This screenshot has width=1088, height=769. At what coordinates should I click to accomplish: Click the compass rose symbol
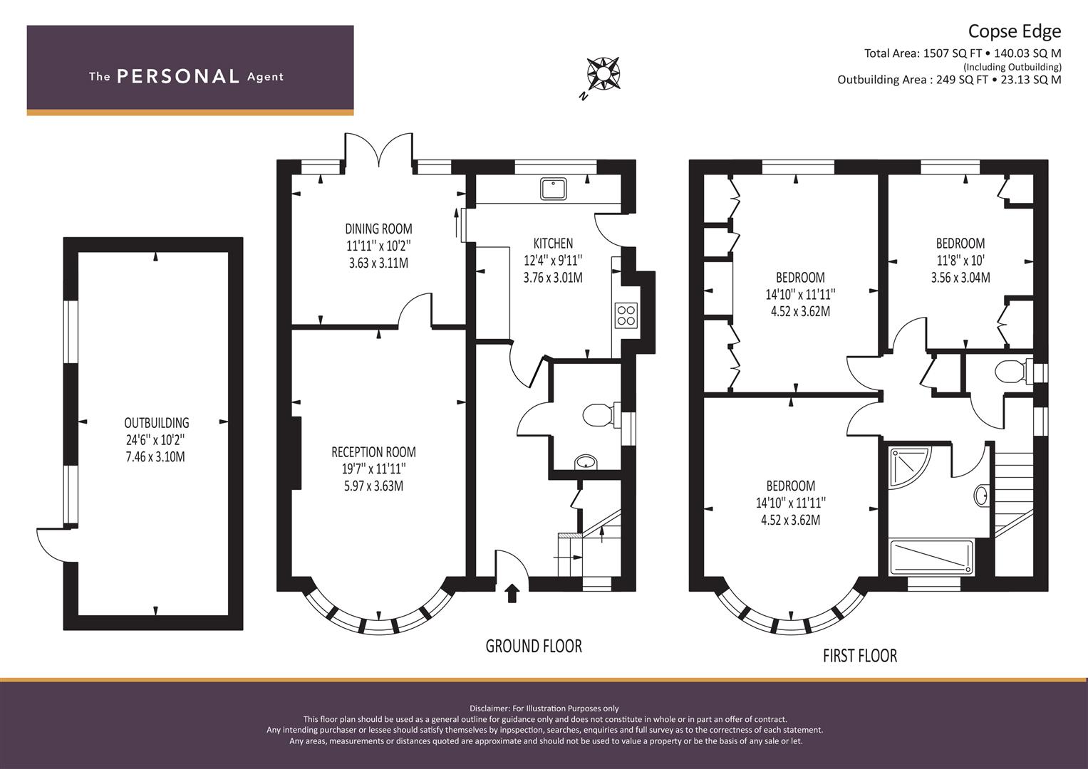coord(603,74)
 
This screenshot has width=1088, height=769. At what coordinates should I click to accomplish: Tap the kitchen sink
coord(553,189)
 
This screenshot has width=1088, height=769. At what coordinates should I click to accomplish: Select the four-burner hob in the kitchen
coord(626,315)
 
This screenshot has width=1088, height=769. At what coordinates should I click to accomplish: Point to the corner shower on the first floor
coord(909,466)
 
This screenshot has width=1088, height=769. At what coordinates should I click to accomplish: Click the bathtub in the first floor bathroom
coord(931,558)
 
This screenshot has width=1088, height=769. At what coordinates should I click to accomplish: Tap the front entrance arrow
coord(512,593)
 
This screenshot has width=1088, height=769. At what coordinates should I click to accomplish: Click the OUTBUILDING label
coord(157,422)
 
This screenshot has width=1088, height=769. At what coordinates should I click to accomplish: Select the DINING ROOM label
coord(378,228)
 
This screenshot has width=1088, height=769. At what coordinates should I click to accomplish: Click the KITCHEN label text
coord(553,243)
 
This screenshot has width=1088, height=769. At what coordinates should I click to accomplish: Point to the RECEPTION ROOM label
coord(373,452)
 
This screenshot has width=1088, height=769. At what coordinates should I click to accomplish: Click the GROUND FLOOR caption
coord(534,647)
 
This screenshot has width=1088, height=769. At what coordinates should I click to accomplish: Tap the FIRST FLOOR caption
coord(860,656)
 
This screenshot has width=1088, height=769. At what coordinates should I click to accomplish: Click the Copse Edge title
coord(1014,31)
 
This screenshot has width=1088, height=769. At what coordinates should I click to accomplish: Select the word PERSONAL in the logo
coord(178,76)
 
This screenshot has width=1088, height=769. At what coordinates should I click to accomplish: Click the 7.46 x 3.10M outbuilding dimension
coord(155,457)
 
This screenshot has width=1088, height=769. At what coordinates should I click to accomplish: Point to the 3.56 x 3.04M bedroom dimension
coord(960,277)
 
